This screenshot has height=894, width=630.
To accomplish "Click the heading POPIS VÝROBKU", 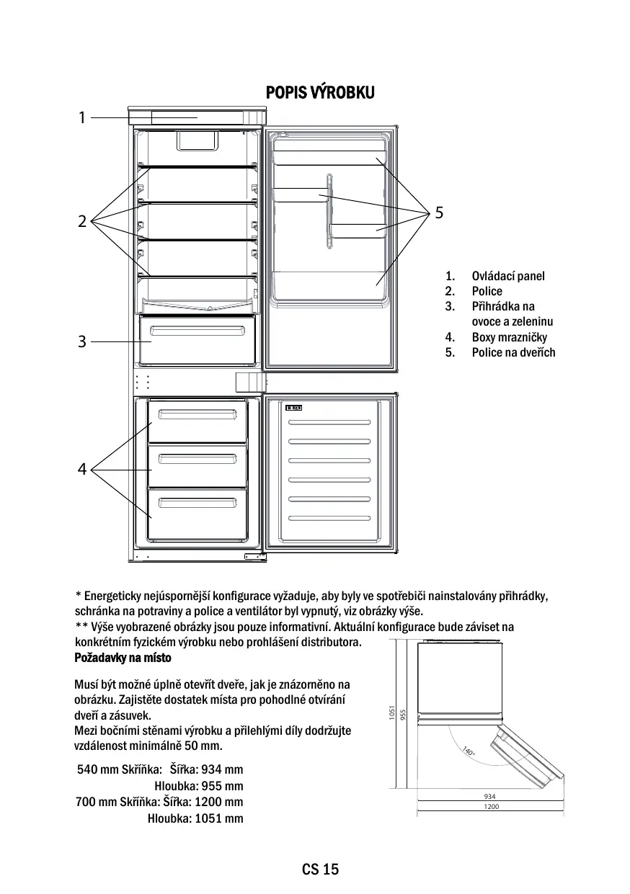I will point(320,93).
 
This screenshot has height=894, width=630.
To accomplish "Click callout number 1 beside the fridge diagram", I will point(82,117).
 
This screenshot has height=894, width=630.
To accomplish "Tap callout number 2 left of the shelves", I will point(82,221).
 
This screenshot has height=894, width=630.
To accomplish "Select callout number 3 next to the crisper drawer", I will point(82,341).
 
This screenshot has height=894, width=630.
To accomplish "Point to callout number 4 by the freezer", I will point(82,470).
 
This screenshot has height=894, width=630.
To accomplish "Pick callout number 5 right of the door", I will point(440,213).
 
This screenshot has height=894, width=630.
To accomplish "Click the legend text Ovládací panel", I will point(508,276).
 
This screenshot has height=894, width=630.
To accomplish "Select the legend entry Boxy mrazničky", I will point(509,337).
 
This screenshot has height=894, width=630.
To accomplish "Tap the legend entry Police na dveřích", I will point(513,352).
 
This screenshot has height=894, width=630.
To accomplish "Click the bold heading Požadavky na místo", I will point(123,658).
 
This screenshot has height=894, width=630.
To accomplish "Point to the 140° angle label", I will point(469,751).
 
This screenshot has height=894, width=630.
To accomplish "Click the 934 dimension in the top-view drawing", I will point(490,796).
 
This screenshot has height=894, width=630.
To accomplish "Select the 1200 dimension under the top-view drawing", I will point(491,808).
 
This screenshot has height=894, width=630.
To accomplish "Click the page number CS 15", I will point(320,869).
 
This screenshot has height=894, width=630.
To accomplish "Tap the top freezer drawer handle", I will point(197,413).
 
